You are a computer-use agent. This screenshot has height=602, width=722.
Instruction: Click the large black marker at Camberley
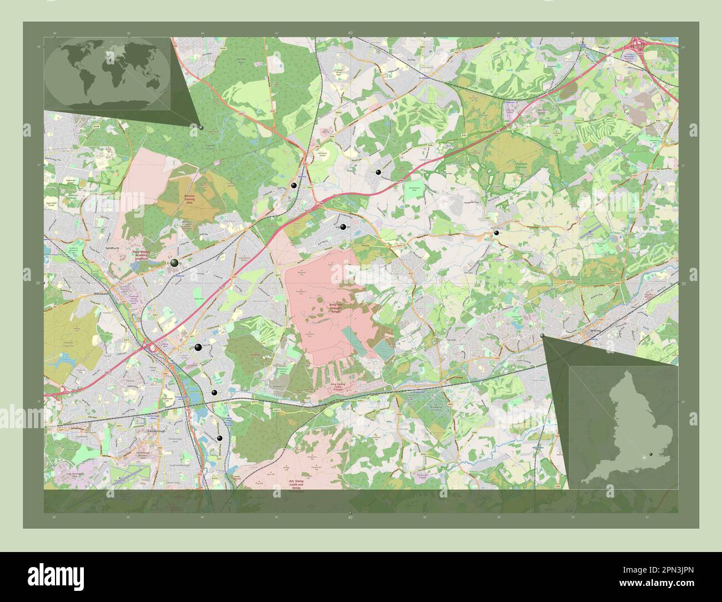tap(175, 263)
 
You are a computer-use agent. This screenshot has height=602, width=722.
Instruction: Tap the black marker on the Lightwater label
tap(343, 227)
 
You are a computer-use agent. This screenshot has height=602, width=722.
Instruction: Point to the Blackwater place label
tap(103, 293)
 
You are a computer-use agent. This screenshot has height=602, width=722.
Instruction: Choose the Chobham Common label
tap(524, 165)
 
